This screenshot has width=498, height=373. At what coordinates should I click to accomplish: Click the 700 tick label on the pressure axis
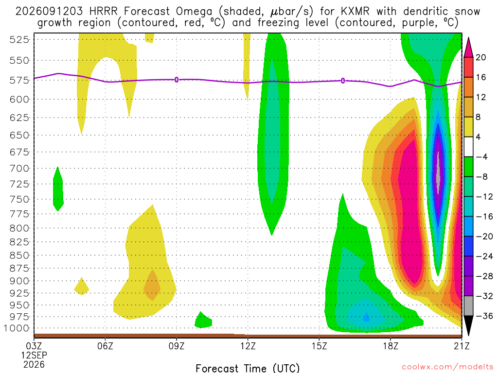[x=19, y=169]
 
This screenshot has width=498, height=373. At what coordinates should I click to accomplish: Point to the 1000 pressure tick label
[x=17, y=328]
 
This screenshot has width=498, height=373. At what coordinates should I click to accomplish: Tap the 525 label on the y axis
[x=19, y=40]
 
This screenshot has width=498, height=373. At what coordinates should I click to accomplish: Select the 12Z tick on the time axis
[x=248, y=346]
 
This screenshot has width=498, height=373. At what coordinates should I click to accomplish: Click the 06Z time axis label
[x=106, y=346]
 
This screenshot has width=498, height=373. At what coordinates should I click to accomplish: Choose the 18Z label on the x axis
[x=391, y=346]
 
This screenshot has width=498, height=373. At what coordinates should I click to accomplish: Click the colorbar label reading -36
[x=484, y=316]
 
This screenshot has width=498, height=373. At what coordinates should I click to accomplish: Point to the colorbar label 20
[x=480, y=57]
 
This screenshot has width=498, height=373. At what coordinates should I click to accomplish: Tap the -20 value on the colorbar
[x=484, y=237]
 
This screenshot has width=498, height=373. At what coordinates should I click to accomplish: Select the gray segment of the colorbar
[x=468, y=306]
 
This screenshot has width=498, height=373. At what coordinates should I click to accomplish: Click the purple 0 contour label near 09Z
[x=177, y=80]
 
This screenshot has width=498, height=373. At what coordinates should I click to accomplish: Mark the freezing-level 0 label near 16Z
[x=343, y=81]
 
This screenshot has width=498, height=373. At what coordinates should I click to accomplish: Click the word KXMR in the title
[x=356, y=12]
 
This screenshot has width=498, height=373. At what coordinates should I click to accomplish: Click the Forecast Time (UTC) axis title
[x=248, y=368]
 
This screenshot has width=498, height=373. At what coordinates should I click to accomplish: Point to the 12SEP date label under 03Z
[x=34, y=355]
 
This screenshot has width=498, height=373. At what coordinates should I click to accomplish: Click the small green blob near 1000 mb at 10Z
[x=203, y=320]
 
